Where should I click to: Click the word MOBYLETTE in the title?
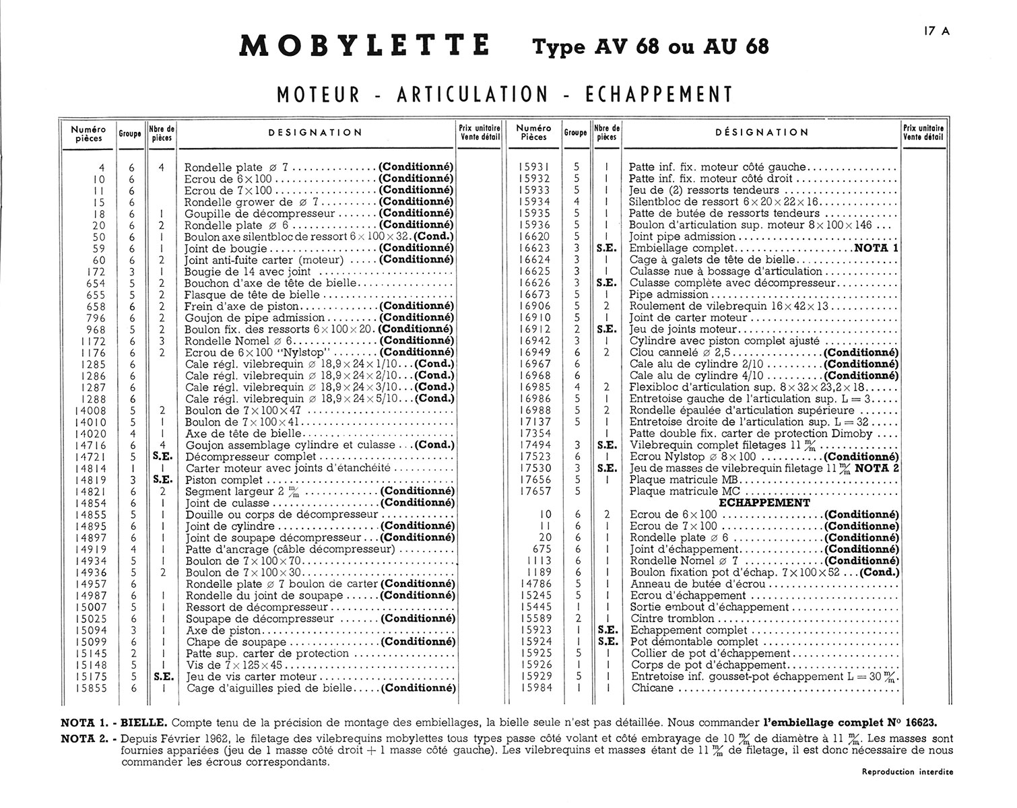pos(364,46)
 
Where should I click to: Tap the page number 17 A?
pos(937,30)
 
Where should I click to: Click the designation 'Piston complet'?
pos(224,480)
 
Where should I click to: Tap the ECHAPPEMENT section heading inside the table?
pos(764,503)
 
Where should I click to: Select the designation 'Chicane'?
pos(652,688)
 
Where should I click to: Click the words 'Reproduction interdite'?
pos(907,772)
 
